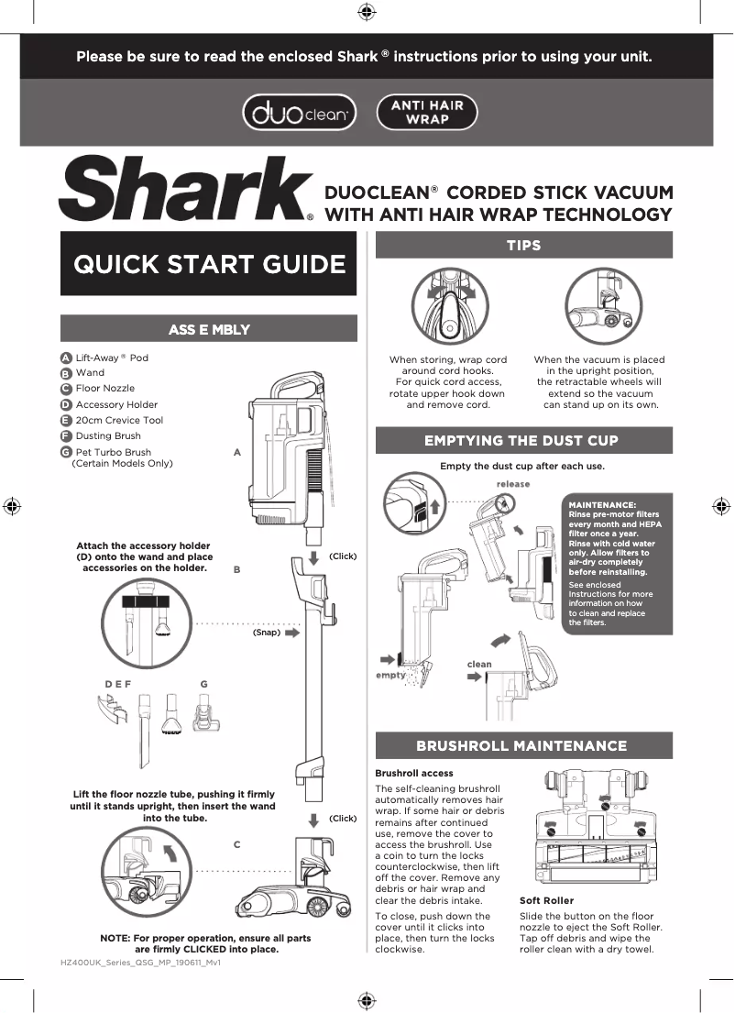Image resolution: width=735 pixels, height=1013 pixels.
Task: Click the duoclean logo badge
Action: tap(299, 113)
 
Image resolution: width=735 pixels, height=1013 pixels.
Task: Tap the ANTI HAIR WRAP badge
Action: tap(427, 113)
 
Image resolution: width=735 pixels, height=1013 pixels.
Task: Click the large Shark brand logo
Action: tap(185, 190)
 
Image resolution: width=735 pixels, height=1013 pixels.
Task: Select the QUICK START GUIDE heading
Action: tap(209, 264)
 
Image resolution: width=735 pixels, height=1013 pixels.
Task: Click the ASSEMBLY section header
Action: tap(209, 329)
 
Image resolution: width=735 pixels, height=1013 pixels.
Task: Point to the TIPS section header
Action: tap(523, 245)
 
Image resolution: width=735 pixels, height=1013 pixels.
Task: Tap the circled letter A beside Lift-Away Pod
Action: tap(66, 358)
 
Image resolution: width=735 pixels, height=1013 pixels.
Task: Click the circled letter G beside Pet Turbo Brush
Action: tap(66, 453)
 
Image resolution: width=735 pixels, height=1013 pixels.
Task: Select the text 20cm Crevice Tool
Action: tap(119, 420)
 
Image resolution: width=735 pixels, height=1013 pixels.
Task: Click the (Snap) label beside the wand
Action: tap(266, 632)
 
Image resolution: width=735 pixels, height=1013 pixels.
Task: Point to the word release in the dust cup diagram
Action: tap(513, 484)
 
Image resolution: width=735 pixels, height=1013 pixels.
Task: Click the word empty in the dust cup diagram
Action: tap(390, 675)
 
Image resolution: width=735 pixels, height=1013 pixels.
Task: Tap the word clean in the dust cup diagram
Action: tap(479, 664)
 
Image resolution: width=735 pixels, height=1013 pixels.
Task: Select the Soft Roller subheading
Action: tap(546, 900)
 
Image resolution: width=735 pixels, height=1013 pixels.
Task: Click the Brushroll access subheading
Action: tap(414, 773)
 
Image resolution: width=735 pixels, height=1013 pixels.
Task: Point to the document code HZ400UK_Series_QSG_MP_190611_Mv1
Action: tap(140, 965)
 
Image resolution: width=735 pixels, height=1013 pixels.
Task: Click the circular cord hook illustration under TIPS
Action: tap(449, 307)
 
